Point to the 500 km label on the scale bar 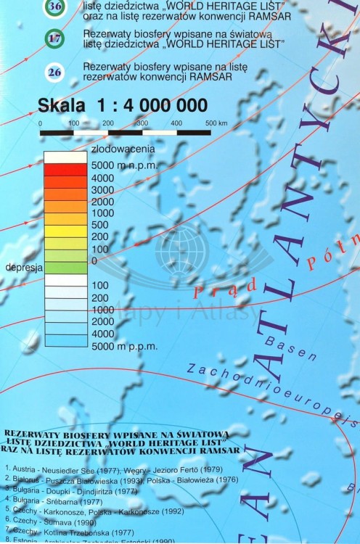click(216, 123)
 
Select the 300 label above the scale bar click(142, 123)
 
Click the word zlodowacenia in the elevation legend click(123, 149)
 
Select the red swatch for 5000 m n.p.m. click(65, 169)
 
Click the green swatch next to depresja click(65, 267)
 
